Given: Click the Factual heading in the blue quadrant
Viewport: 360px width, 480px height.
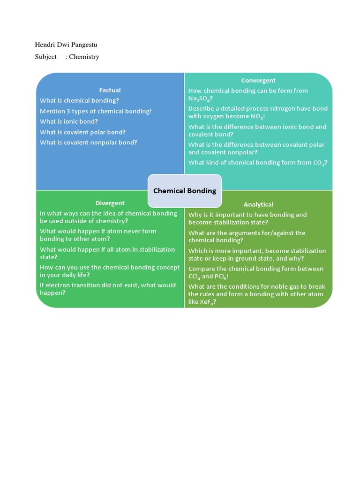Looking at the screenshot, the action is (x=110, y=90).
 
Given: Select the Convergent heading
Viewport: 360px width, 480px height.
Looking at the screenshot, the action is (x=258, y=81).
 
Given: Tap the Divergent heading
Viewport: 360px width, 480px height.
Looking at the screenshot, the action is (x=110, y=203).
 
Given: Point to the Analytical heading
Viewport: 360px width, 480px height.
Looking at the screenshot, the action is (x=258, y=204).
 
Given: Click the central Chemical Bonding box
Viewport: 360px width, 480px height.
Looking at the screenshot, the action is (x=185, y=191).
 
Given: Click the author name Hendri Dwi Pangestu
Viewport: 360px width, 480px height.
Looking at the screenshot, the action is (x=66, y=45).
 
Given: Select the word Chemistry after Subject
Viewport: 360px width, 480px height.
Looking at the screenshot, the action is (x=84, y=57).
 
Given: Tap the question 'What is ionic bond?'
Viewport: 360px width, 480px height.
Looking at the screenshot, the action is (x=69, y=121).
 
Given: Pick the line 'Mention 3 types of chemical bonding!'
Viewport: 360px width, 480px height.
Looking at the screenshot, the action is (x=96, y=111).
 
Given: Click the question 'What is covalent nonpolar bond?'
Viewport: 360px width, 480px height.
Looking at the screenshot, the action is (x=89, y=142).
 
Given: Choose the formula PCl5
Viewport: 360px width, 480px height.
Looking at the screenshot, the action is (x=221, y=277).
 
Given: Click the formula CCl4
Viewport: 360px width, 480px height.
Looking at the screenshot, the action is (x=194, y=277).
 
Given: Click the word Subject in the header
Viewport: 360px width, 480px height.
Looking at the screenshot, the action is (x=45, y=57).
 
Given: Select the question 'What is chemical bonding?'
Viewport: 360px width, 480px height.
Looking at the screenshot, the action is (x=79, y=100).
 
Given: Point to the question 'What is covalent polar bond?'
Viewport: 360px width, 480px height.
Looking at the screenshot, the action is (x=82, y=132).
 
